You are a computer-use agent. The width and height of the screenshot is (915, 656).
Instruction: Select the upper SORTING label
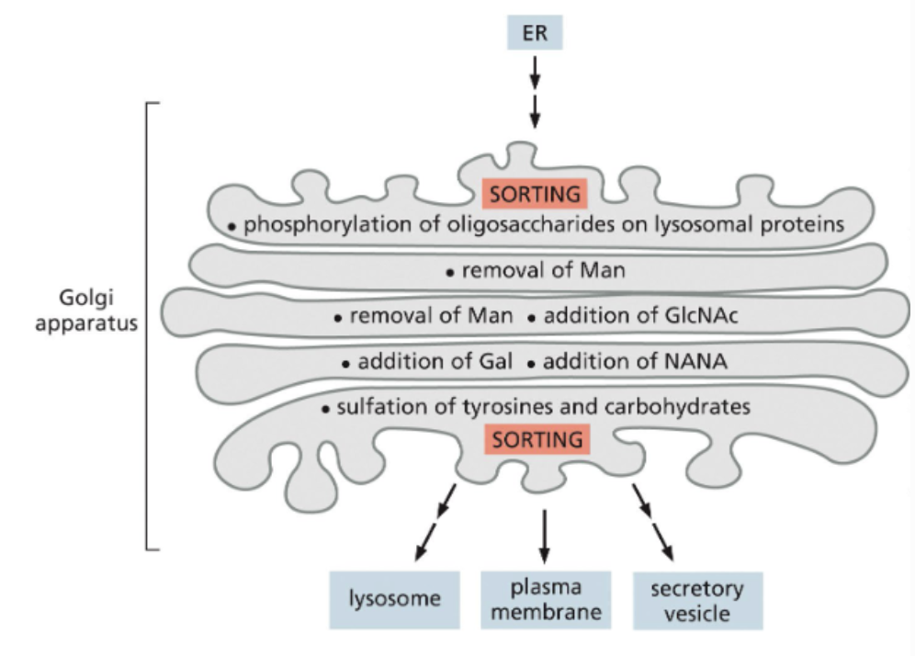[x=536, y=194]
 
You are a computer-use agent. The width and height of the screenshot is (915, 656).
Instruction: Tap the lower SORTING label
[x=537, y=439]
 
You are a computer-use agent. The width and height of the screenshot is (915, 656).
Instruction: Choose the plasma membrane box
[x=545, y=599]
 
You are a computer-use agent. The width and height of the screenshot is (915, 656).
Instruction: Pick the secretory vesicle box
[x=697, y=599]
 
